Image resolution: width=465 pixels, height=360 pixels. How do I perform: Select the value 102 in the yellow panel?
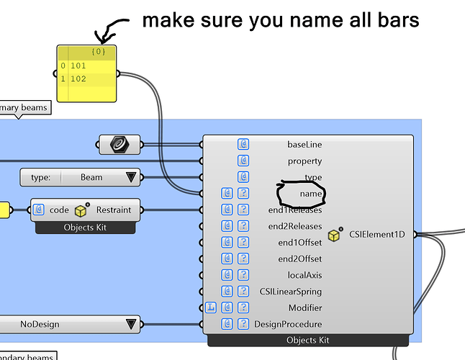pos(78,78)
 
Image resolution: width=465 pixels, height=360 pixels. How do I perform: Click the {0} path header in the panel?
pos(99,52)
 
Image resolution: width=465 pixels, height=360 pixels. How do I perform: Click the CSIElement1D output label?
pos(372,235)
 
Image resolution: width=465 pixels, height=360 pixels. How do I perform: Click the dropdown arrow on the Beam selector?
pos(131,177)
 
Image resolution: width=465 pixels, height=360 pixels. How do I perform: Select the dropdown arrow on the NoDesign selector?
pos(131,325)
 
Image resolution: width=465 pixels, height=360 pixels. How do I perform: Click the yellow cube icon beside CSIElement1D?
pos(334,235)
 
